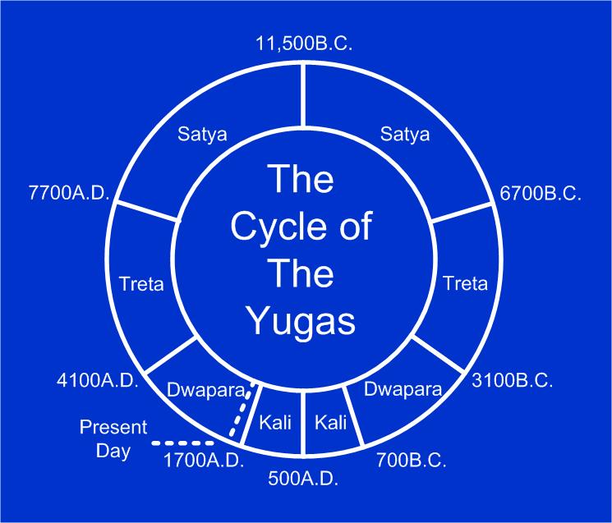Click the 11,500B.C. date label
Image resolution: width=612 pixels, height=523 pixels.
click(x=304, y=44)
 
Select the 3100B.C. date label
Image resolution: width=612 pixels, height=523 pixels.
click(x=513, y=382)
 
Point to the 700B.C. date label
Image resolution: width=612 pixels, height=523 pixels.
click(x=411, y=460)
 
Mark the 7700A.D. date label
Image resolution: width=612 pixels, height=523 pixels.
click(x=68, y=196)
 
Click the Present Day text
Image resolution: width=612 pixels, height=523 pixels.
click(x=113, y=439)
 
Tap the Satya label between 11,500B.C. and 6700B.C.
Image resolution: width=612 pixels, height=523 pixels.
click(x=405, y=135)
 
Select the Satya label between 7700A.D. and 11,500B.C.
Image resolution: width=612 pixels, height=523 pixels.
click(x=202, y=135)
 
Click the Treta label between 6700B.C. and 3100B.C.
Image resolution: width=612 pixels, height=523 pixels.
click(x=465, y=284)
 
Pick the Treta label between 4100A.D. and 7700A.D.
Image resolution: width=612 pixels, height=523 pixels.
click(x=141, y=284)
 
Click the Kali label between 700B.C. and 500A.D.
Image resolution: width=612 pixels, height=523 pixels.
click(x=332, y=423)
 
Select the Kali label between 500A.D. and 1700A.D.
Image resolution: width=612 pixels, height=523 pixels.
click(x=275, y=423)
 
